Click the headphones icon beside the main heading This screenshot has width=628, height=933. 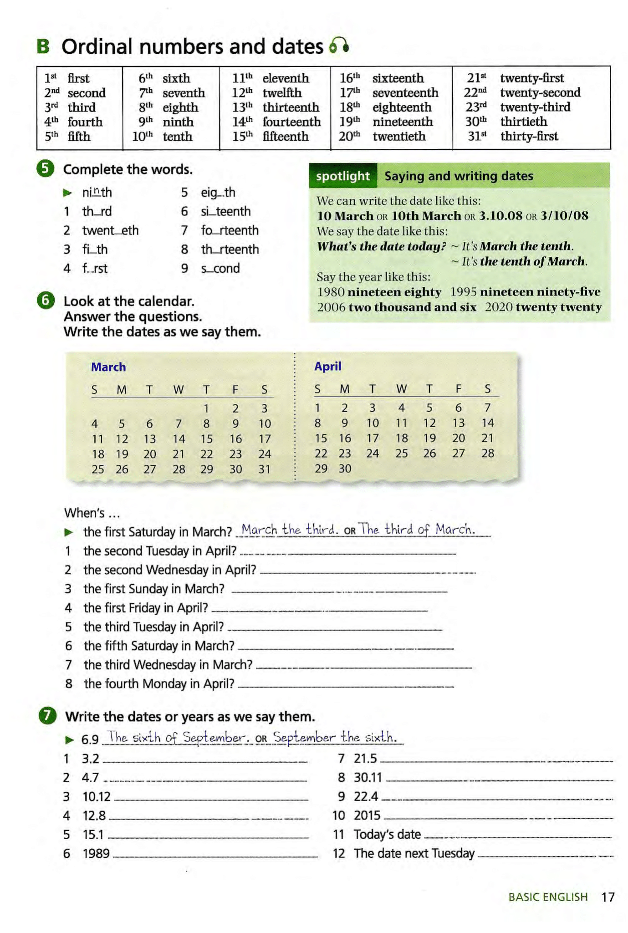[339, 46]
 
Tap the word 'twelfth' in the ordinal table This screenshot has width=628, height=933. [282, 93]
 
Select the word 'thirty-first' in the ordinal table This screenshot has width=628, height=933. [529, 136]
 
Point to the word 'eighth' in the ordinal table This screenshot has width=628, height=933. [180, 107]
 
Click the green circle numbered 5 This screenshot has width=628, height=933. [46, 169]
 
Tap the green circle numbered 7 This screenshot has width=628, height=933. [47, 716]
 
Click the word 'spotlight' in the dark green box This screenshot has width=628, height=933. [342, 176]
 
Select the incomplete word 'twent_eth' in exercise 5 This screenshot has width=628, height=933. [110, 230]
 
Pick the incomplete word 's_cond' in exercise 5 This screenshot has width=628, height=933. [220, 268]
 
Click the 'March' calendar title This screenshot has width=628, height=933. [108, 367]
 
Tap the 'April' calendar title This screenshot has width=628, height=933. [327, 366]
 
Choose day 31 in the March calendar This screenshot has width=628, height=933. [264, 469]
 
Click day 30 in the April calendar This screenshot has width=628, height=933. [345, 468]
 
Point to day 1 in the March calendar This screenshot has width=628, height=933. [206, 408]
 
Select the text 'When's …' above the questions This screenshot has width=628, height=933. [92, 513]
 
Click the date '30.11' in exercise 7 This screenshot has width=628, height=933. [368, 777]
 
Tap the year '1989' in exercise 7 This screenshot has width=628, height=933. [96, 853]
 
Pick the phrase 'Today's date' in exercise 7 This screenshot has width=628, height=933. [387, 834]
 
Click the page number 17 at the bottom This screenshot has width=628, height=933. [608, 897]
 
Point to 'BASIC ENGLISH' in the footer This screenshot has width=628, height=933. [548, 897]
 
